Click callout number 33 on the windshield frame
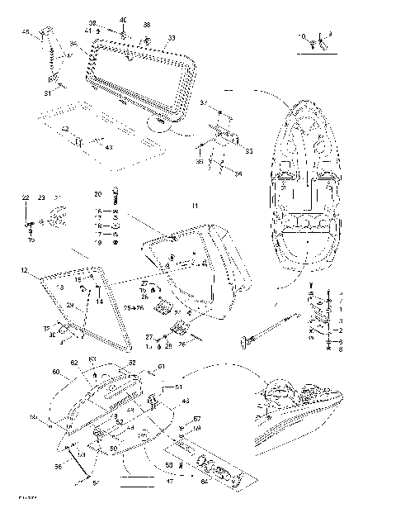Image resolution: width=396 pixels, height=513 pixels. pyautogui.click(x=171, y=38)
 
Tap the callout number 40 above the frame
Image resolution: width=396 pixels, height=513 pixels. pyautogui.click(x=123, y=19)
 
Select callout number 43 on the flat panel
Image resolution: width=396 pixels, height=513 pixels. pyautogui.click(x=109, y=146)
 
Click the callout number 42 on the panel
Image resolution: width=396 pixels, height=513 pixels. pyautogui.click(x=64, y=129)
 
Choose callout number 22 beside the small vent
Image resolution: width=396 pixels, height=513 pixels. pyautogui.click(x=25, y=198)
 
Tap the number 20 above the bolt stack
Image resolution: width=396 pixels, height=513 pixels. pyautogui.click(x=97, y=193)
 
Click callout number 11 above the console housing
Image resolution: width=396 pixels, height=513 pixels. pyautogui.click(x=195, y=204)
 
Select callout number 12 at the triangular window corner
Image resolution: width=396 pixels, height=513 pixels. pyautogui.click(x=25, y=270)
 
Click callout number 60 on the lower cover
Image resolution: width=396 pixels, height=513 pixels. pyautogui.click(x=56, y=372)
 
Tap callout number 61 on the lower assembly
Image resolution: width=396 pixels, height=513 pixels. pyautogui.click(x=162, y=367)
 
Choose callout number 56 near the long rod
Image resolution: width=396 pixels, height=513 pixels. pyautogui.click(x=59, y=467)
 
